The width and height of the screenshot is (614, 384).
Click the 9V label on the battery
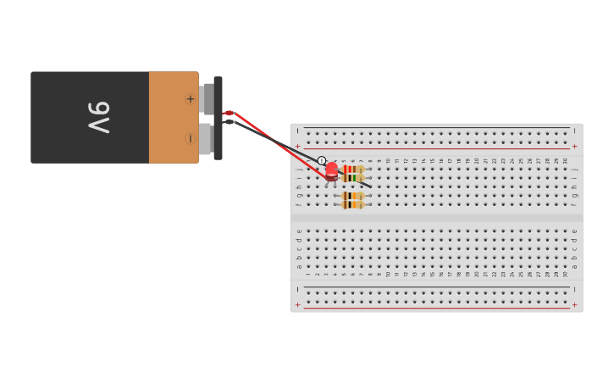99,117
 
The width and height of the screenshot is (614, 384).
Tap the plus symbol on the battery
190,99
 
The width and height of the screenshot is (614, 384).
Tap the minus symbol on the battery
190,138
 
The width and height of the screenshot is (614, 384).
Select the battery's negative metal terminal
205,139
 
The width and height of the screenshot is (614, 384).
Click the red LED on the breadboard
331,170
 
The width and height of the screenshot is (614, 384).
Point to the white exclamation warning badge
322,160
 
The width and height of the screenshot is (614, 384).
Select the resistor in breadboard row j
352,169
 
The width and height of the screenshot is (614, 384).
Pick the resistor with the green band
352,178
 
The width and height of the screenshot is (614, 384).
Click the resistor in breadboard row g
352,196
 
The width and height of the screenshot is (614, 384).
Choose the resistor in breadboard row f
352,204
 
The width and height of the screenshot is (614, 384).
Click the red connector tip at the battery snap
228,113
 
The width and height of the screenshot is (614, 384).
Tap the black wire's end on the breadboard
369,186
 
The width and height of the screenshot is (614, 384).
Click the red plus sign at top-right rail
574,146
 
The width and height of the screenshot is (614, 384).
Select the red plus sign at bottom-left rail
297,304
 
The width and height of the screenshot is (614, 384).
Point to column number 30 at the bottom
565,274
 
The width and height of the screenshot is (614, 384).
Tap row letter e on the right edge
574,231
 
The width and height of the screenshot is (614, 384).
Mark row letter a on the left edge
298,266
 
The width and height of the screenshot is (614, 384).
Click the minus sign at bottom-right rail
574,290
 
